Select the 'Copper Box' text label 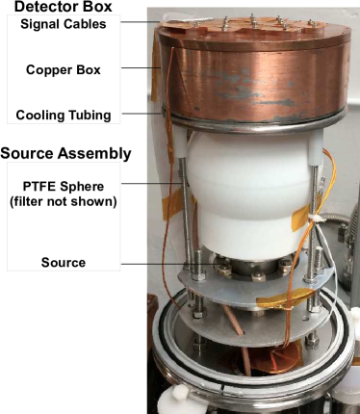pos(61,69)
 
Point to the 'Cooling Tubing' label pos(64,116)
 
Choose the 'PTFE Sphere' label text pos(61,186)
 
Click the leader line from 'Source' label pos(144,262)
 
